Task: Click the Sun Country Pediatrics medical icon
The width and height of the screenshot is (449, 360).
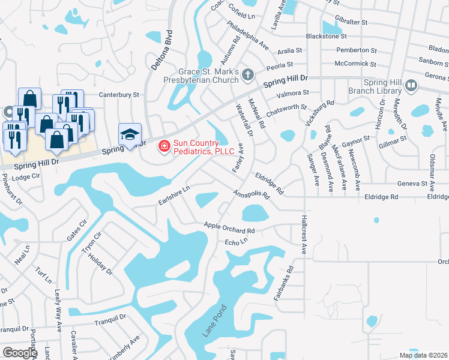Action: click(163, 146)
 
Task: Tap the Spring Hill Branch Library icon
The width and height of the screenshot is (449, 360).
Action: click(411, 86)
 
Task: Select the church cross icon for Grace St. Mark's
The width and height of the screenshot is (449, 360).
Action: click(247, 74)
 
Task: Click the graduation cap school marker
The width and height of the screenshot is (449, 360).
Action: click(130, 135)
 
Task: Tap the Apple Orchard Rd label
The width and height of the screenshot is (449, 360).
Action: click(229, 227)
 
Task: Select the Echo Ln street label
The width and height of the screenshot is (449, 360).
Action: click(236, 242)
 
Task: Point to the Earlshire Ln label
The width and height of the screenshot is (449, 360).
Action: click(174, 194)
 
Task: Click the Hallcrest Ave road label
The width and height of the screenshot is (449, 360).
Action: click(304, 235)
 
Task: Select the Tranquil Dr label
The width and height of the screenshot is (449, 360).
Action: click(110, 321)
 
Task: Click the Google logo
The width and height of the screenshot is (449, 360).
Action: click(20, 353)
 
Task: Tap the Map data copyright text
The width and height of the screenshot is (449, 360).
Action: click(423, 355)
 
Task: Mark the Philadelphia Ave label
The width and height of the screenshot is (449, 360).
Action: click(247, 35)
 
